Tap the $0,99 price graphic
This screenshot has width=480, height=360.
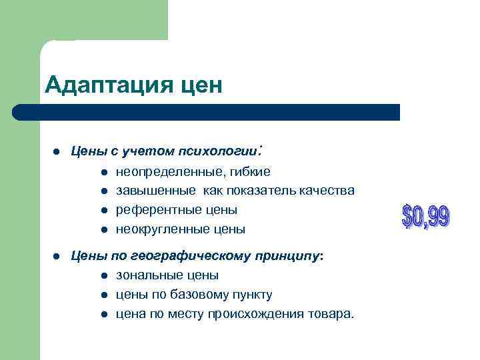click(x=426, y=217)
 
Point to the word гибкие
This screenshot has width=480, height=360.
click(x=249, y=172)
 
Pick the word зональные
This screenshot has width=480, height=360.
click(x=147, y=275)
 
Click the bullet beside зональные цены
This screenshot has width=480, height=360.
click(x=105, y=275)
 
